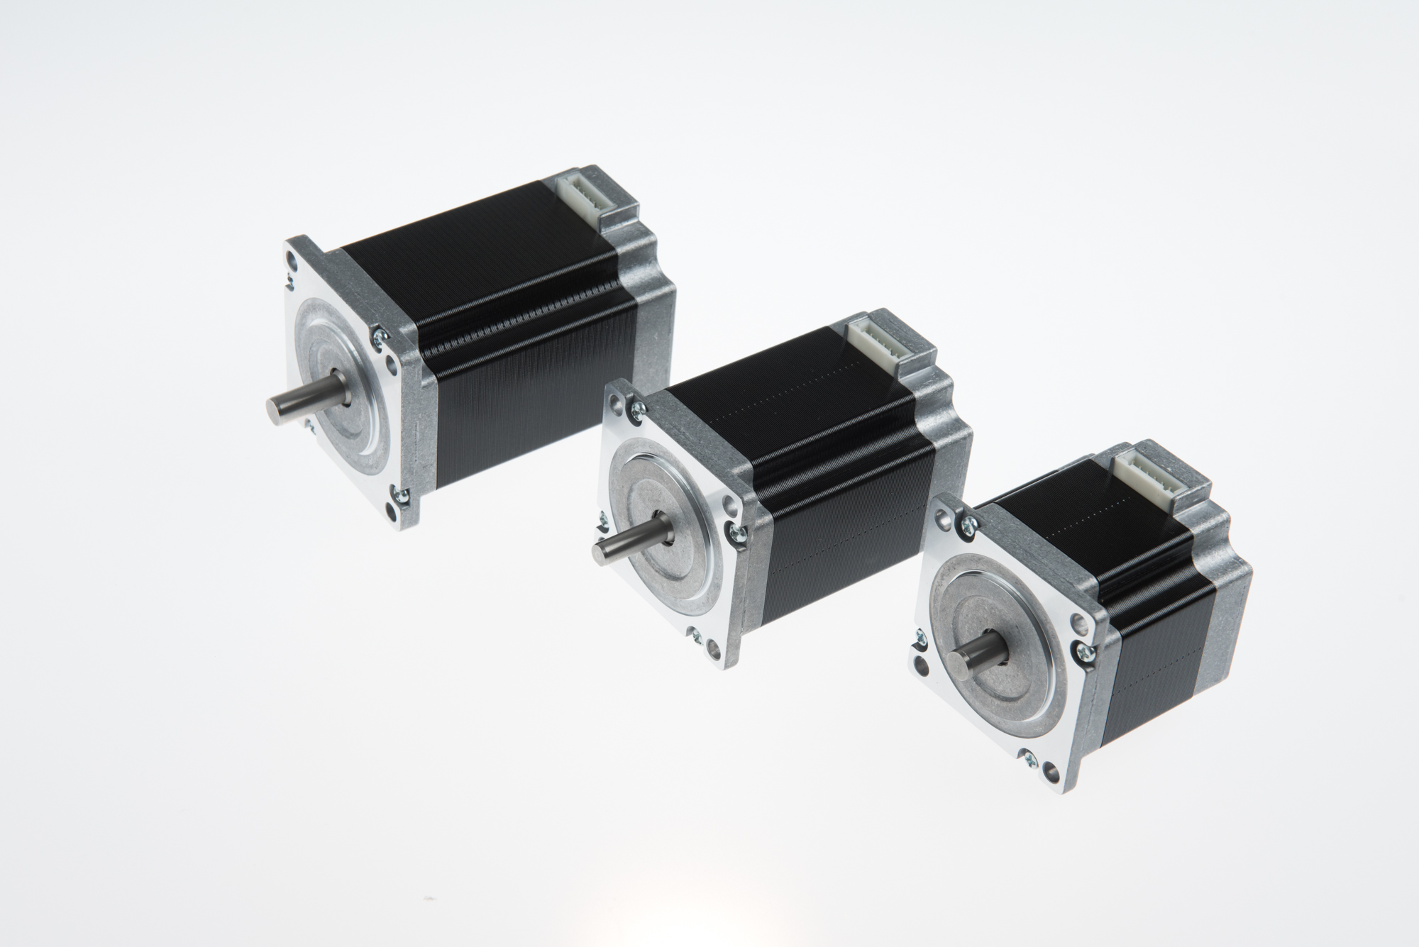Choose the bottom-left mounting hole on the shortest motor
tap(922, 667)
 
